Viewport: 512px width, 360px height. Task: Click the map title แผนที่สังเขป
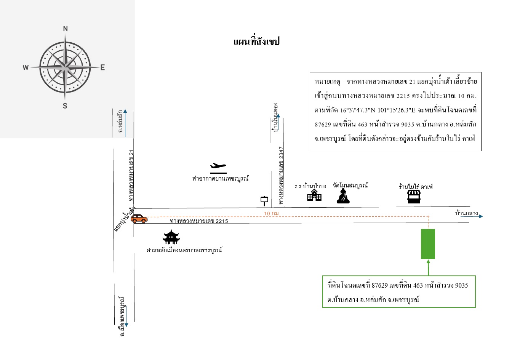256,42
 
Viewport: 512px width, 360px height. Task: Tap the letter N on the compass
66,29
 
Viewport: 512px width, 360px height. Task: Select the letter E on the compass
102,67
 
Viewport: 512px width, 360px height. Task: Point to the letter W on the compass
26,68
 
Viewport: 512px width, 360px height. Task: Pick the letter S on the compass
65,106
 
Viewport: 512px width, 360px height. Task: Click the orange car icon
139,219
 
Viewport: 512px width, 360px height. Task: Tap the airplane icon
218,168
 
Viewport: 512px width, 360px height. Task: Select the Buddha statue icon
343,196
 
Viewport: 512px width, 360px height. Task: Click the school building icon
314,195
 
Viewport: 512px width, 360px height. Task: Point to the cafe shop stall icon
414,197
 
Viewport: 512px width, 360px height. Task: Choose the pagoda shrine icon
171,237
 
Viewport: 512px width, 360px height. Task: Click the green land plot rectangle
428,244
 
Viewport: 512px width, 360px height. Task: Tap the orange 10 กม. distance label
272,213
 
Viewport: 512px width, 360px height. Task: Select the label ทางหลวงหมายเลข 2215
199,221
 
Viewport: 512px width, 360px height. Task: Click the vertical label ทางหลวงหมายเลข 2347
282,176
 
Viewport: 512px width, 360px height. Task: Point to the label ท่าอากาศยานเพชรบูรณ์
221,178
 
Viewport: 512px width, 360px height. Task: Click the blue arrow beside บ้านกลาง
472,216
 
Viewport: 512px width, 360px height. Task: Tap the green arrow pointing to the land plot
428,268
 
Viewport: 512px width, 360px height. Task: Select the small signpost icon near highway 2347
264,201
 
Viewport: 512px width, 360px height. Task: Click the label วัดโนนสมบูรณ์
350,185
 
